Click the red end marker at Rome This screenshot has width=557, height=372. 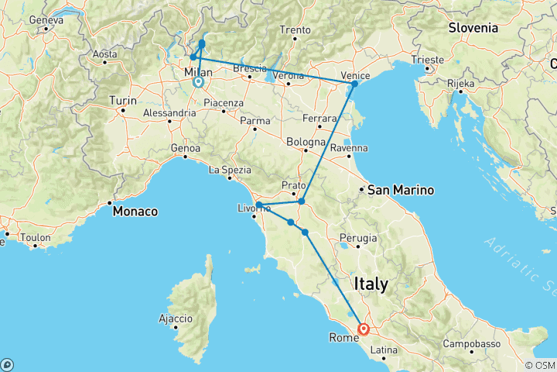[x=363, y=329]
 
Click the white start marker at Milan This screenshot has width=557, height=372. [x=198, y=81]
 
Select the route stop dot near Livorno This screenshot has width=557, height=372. [x=259, y=205]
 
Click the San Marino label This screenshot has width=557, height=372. [x=401, y=190]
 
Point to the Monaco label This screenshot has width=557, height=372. [x=135, y=211]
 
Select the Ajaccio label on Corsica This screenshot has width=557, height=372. [x=176, y=319]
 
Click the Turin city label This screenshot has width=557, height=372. [x=123, y=100]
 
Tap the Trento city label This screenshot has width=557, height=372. [x=296, y=30]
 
